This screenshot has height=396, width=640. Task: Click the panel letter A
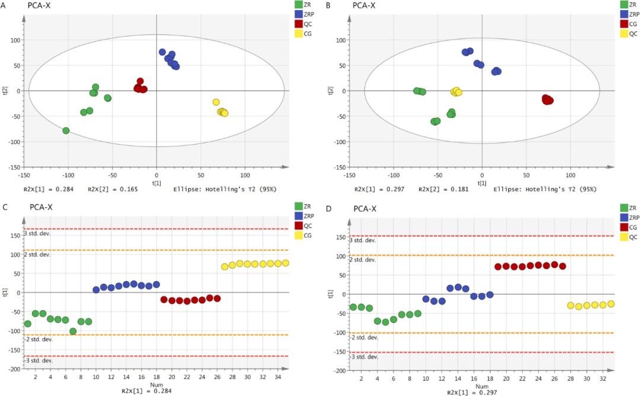(4, 5)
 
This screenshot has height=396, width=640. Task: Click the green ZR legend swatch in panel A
(299, 5)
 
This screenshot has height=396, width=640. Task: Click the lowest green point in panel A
(66, 130)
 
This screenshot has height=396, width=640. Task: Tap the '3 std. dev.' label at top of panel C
(37, 233)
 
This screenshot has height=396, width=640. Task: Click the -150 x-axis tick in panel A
(24, 175)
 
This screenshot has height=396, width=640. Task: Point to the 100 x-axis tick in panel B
(571, 175)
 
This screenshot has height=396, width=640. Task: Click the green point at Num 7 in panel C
(73, 331)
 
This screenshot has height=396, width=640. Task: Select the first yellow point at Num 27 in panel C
(225, 267)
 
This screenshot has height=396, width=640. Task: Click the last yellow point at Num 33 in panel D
(611, 304)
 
